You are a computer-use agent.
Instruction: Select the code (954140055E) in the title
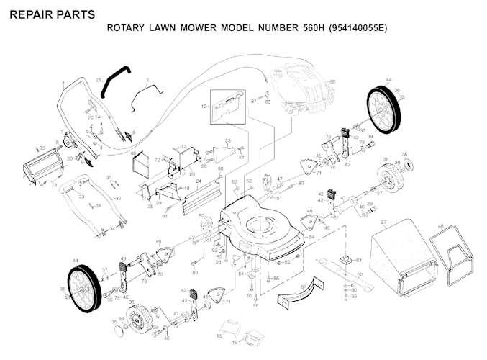(358, 30)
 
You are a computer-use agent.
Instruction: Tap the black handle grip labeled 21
(114, 80)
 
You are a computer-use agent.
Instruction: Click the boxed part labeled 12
(227, 105)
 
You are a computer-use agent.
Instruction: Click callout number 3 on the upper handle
(63, 84)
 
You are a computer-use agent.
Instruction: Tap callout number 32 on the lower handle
(118, 198)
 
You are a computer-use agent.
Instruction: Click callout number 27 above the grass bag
(384, 222)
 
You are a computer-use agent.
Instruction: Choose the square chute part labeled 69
(141, 165)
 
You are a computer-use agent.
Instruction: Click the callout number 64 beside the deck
(311, 237)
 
